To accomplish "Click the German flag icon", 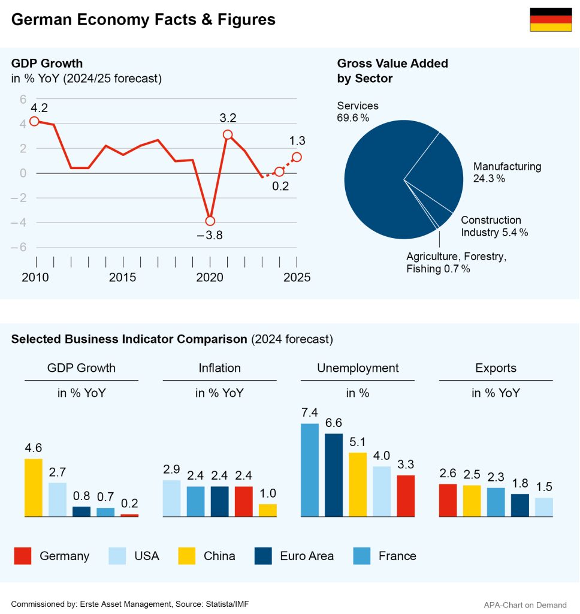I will click(x=551, y=20).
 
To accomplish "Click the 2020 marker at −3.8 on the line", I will click(x=210, y=221).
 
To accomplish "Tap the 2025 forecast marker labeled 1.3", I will click(x=297, y=157).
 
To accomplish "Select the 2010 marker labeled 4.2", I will click(x=34, y=121).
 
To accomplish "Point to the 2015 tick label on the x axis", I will click(x=122, y=278).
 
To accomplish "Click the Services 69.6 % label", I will click(x=358, y=112).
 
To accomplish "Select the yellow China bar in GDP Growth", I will click(x=34, y=487).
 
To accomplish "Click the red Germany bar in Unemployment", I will click(x=406, y=495).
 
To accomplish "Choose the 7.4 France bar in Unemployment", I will click(x=310, y=470).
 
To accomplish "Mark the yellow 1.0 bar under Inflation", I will click(x=268, y=510).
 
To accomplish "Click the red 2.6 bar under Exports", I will click(x=448, y=500).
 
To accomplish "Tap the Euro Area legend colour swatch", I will click(x=263, y=556).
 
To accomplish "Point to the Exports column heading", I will click(x=496, y=368).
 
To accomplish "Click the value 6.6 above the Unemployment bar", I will click(x=334, y=423).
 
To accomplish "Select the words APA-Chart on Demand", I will click(x=525, y=605).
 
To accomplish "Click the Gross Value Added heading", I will click(x=392, y=71).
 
